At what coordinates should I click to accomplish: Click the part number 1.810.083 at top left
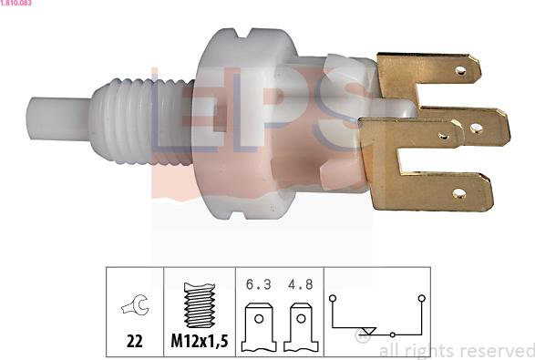click(15, 3)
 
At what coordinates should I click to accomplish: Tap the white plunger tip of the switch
click(58, 118)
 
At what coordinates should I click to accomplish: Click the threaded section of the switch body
click(141, 121)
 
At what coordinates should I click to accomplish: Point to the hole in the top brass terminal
click(460, 71)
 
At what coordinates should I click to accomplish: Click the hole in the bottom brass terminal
click(459, 194)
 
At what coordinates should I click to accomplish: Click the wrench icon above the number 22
click(135, 304)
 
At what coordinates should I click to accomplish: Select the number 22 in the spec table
click(134, 341)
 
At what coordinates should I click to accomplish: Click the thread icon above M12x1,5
click(200, 305)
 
